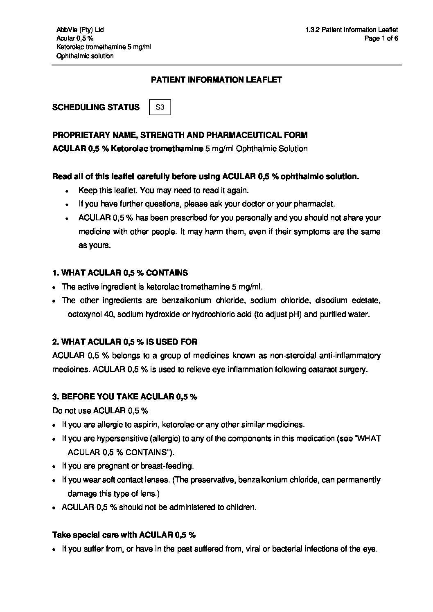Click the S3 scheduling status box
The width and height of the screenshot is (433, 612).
pyautogui.click(x=160, y=108)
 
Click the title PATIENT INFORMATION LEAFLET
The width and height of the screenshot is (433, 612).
pyautogui.click(x=216, y=80)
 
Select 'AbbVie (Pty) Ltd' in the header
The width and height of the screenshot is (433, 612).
pyautogui.click(x=80, y=30)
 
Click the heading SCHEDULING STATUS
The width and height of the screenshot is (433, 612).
pyautogui.click(x=96, y=108)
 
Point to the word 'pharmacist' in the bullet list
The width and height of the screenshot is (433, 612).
pyautogui.click(x=316, y=204)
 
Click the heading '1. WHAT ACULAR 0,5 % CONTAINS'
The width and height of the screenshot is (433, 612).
pyautogui.click(x=120, y=273)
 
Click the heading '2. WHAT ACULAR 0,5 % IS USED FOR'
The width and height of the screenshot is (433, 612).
pyautogui.click(x=125, y=342)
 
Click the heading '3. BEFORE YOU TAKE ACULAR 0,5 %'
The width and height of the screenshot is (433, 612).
pyautogui.click(x=125, y=397)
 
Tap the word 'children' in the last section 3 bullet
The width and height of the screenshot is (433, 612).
pyautogui.click(x=242, y=507)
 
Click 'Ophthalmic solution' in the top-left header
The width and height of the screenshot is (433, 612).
pyautogui.click(x=85, y=56)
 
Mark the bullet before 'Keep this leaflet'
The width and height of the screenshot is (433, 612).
pyautogui.click(x=67, y=191)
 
